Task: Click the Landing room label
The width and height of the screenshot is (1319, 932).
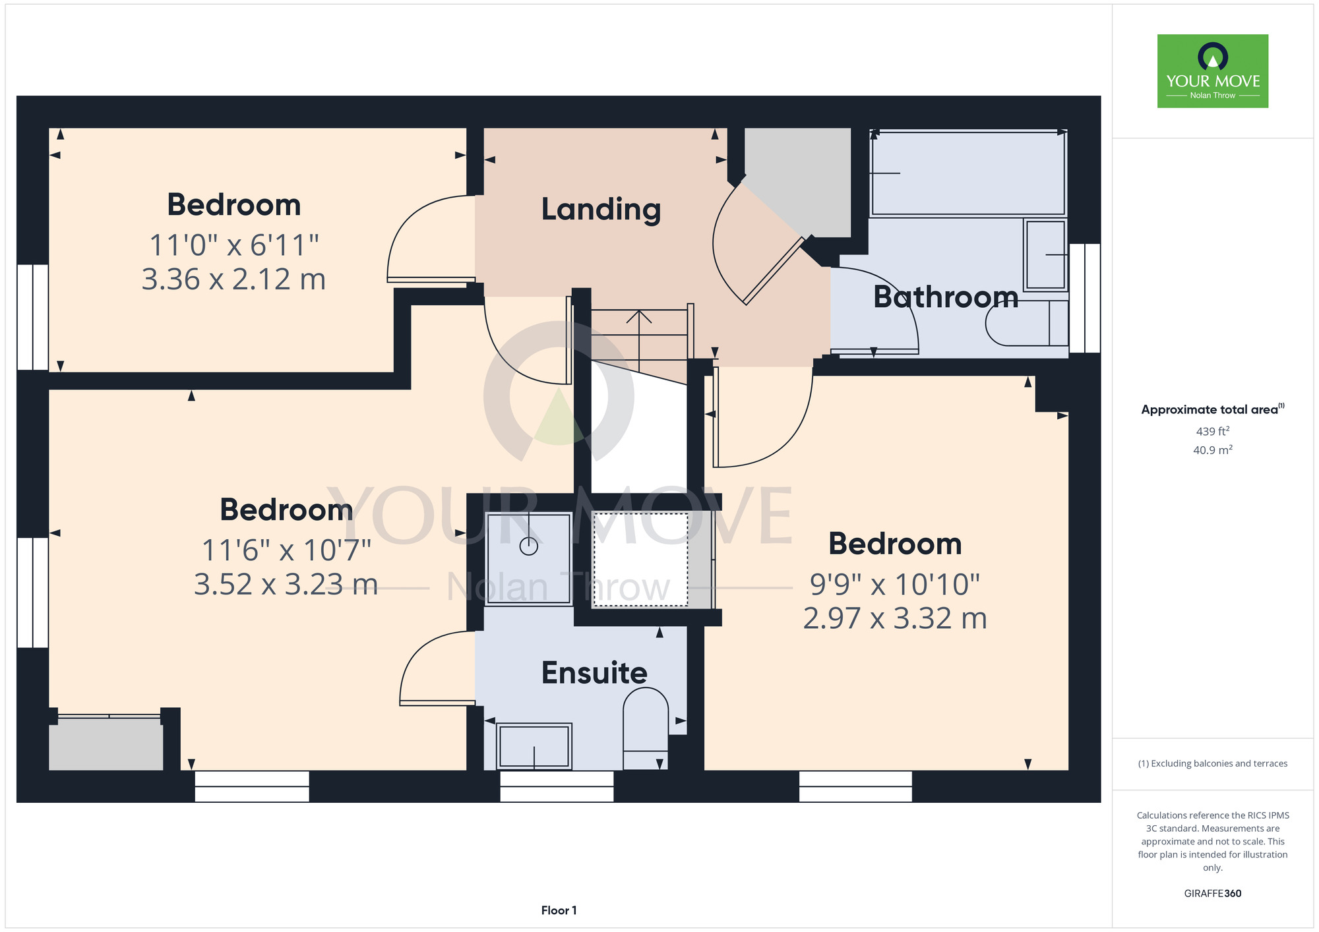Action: coord(601,210)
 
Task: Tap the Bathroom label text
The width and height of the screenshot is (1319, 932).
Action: coord(946,297)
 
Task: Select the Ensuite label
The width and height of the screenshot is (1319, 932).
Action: coord(594,673)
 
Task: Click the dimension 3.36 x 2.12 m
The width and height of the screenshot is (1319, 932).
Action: coord(233,279)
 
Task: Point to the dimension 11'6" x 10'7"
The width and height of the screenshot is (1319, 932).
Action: coord(286,550)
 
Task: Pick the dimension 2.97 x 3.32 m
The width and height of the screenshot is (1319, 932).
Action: coord(895,618)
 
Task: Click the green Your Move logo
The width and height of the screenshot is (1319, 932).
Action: coord(1213,71)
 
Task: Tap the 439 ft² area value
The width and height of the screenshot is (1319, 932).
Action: coord(1213,431)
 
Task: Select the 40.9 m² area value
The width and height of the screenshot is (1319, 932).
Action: coord(1213,450)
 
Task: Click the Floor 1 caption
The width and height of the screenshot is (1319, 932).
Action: coord(559,910)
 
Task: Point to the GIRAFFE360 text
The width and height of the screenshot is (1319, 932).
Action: coord(1213,894)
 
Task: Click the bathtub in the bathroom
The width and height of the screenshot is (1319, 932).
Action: coord(968,173)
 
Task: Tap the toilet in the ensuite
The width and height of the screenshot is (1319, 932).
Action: coord(646,728)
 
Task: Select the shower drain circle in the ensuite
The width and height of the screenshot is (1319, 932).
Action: coord(529,546)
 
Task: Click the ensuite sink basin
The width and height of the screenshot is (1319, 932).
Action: coord(534,747)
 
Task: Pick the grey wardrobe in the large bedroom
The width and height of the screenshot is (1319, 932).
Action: coord(106,744)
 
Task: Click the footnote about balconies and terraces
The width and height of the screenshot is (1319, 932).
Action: coord(1213,763)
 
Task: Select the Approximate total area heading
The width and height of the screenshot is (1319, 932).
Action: coord(1213,409)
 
